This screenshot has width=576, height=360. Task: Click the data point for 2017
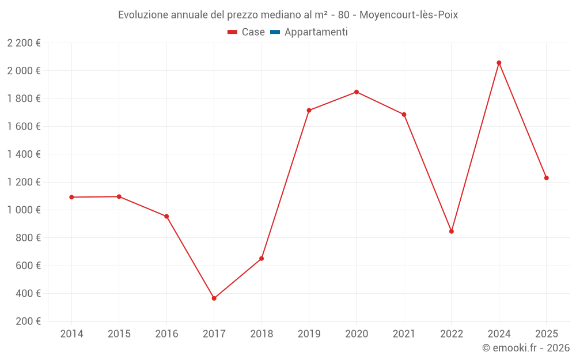pos(214,298)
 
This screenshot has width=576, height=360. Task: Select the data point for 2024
pos(499,63)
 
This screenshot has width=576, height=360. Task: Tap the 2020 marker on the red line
pos(357,92)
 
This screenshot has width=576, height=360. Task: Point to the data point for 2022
pos(452,232)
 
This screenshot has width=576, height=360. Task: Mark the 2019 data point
pos(309,110)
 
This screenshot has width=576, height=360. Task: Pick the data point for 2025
pos(547,178)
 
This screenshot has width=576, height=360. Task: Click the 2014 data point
pos(71,197)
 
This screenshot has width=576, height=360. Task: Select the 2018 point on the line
pos(262,259)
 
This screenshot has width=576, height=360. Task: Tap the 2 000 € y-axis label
pos(24,71)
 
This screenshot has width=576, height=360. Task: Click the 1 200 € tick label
pos(24,182)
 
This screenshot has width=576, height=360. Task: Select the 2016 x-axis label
pos(166,334)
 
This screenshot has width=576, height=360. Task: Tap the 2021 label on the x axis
pos(404,334)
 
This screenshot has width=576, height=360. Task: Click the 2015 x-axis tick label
pos(119,334)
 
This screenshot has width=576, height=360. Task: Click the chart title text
pos(288,15)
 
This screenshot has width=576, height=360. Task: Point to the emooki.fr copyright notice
pos(525,348)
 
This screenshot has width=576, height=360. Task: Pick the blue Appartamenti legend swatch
pos(275,32)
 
